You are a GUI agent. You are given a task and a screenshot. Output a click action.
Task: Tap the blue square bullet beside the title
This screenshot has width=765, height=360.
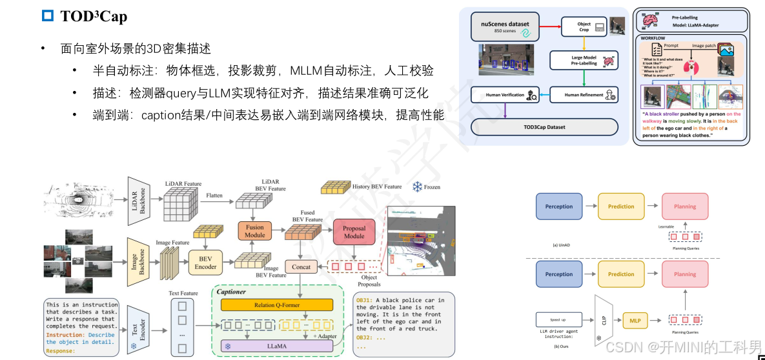47,17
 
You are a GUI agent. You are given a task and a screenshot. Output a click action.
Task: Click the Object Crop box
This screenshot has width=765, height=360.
584,26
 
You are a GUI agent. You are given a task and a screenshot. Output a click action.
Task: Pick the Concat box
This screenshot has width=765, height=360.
301,266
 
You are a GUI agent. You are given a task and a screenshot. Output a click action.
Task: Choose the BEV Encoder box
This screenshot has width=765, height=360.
205,263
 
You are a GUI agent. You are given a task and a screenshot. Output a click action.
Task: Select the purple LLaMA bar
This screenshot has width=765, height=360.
277,346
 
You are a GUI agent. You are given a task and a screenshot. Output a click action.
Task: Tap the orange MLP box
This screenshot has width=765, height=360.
635,319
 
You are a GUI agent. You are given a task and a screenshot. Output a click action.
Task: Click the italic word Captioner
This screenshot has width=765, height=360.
230,292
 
